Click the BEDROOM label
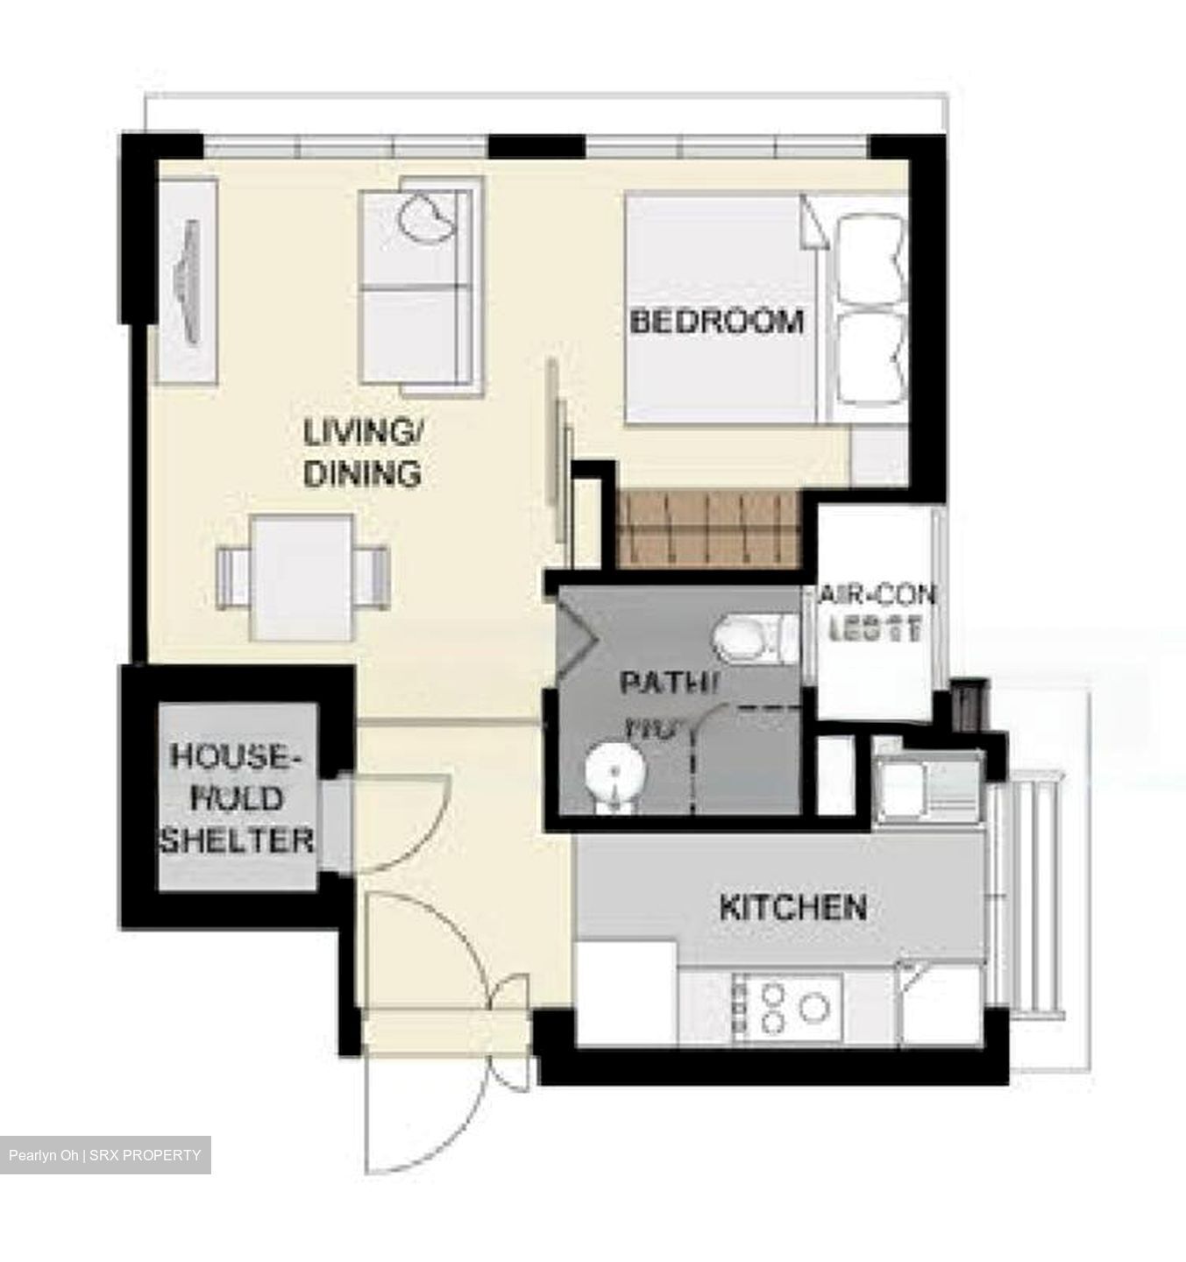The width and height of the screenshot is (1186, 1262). click(716, 321)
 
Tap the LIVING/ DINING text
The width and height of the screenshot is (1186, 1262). click(362, 453)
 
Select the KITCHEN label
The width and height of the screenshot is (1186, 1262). click(792, 907)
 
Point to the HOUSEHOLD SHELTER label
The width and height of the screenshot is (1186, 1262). click(235, 798)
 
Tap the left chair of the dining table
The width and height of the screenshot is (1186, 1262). click(232, 577)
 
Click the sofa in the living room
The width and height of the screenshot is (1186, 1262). click(421, 280)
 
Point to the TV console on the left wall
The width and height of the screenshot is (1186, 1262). click(188, 280)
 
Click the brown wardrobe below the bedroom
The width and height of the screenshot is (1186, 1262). click(708, 528)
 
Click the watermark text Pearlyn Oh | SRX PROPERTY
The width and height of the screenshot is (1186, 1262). click(105, 1155)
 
